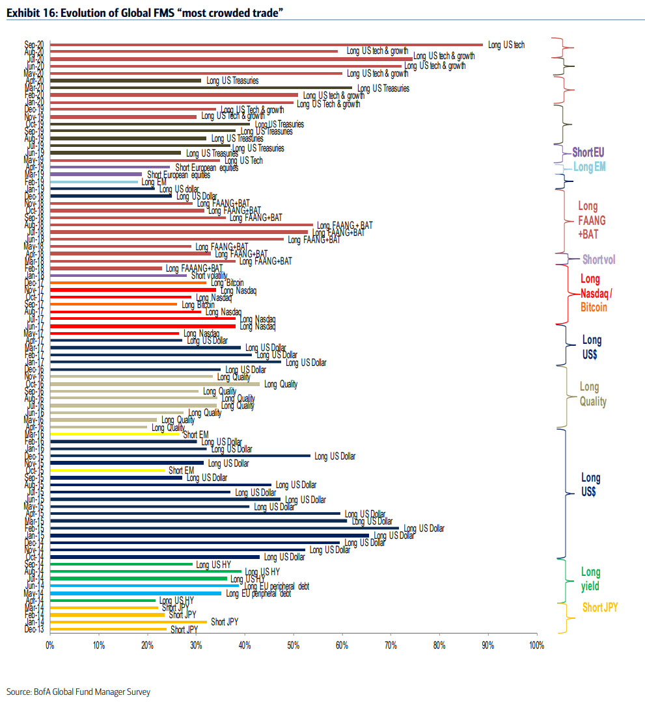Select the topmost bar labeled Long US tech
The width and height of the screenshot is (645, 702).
266,45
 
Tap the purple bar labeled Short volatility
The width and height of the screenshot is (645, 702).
118,275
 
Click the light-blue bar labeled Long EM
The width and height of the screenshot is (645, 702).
94,182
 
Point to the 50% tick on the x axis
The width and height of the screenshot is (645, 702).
293,645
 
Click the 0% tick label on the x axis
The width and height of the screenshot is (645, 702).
49,645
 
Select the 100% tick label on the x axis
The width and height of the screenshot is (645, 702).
536,645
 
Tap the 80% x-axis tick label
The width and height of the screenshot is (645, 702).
439,645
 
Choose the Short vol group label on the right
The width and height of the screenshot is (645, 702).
599,259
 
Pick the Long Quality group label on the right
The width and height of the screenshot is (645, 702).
593,395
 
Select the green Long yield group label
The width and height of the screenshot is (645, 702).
591,579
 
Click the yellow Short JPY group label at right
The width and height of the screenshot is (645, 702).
599,608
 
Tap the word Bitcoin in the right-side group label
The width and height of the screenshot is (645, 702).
593,307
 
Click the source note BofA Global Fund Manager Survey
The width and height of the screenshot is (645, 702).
78,692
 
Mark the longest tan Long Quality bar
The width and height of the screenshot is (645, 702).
154,384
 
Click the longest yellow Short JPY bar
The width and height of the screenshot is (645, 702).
128,622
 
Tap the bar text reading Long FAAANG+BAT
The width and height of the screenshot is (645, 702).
194,268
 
